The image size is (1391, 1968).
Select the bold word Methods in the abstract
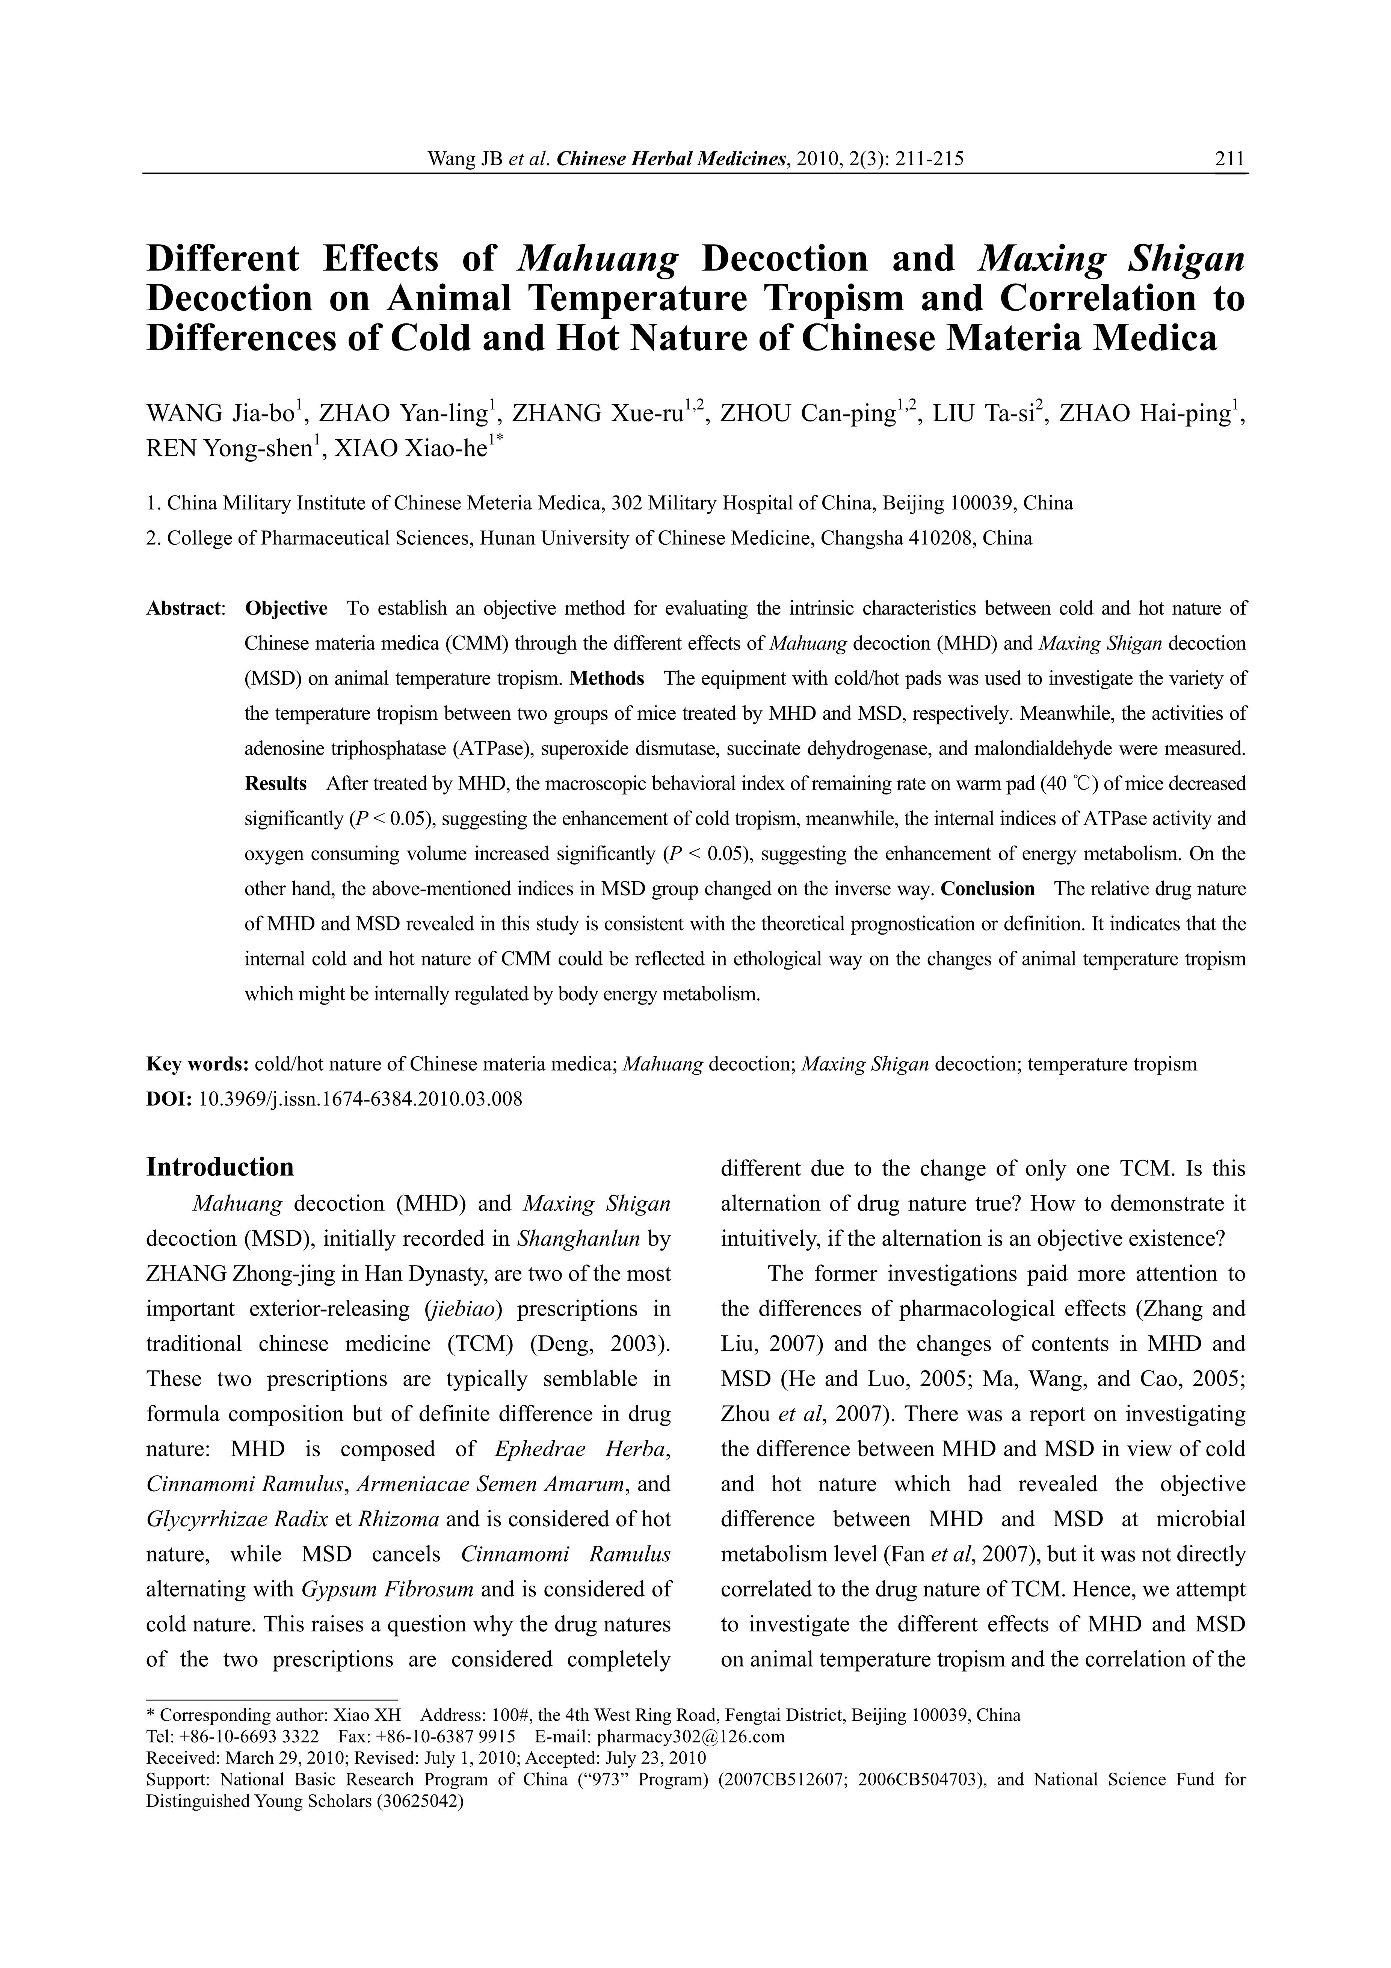tap(607, 679)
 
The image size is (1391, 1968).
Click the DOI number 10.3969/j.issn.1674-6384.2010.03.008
tap(360, 1099)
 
